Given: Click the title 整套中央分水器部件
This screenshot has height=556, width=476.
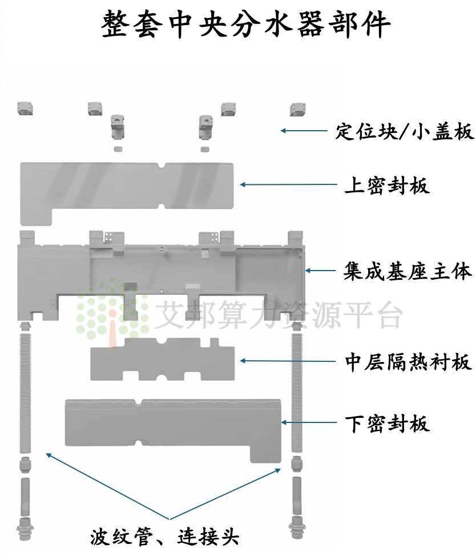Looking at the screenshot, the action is pos(246,24).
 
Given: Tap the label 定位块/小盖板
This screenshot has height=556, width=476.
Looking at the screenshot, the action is pos(405,131).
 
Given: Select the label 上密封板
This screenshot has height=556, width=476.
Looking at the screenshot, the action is pos(387,185).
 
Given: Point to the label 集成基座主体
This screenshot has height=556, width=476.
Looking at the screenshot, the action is pos(408,271).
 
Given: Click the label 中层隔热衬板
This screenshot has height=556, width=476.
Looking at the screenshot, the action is pos(408,362).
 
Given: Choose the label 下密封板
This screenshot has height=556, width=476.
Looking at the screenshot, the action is pos(388,424).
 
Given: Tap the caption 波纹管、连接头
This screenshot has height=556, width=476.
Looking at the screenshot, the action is pos(164,537).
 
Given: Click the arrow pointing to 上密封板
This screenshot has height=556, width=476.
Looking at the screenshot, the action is pos(288,184).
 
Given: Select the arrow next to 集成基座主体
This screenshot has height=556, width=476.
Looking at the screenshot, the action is pos(320,271).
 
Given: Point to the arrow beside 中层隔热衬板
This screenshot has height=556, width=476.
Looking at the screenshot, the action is pos(288,361).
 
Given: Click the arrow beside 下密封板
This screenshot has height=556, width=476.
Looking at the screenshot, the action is pos(309,422).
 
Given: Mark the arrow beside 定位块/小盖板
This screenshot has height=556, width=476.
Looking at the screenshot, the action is pos(304,131).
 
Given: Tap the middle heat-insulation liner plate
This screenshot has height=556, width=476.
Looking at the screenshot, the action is pos(162,359).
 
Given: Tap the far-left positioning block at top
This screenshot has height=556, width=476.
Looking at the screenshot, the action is pos(25,108).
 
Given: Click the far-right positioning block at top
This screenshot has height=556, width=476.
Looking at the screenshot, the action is pos(298,109).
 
